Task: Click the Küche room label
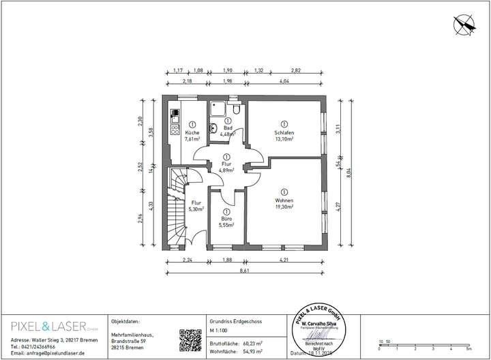(192, 132)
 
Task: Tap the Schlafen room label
(284, 133)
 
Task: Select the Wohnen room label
(284, 200)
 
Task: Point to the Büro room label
(225, 219)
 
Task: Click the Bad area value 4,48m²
(227, 134)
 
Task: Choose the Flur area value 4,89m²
(226, 170)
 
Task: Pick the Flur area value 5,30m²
(196, 209)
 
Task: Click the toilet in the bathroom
(235, 108)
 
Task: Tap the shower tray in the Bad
(218, 109)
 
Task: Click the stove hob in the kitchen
(174, 127)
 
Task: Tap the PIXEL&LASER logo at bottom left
(48, 324)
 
